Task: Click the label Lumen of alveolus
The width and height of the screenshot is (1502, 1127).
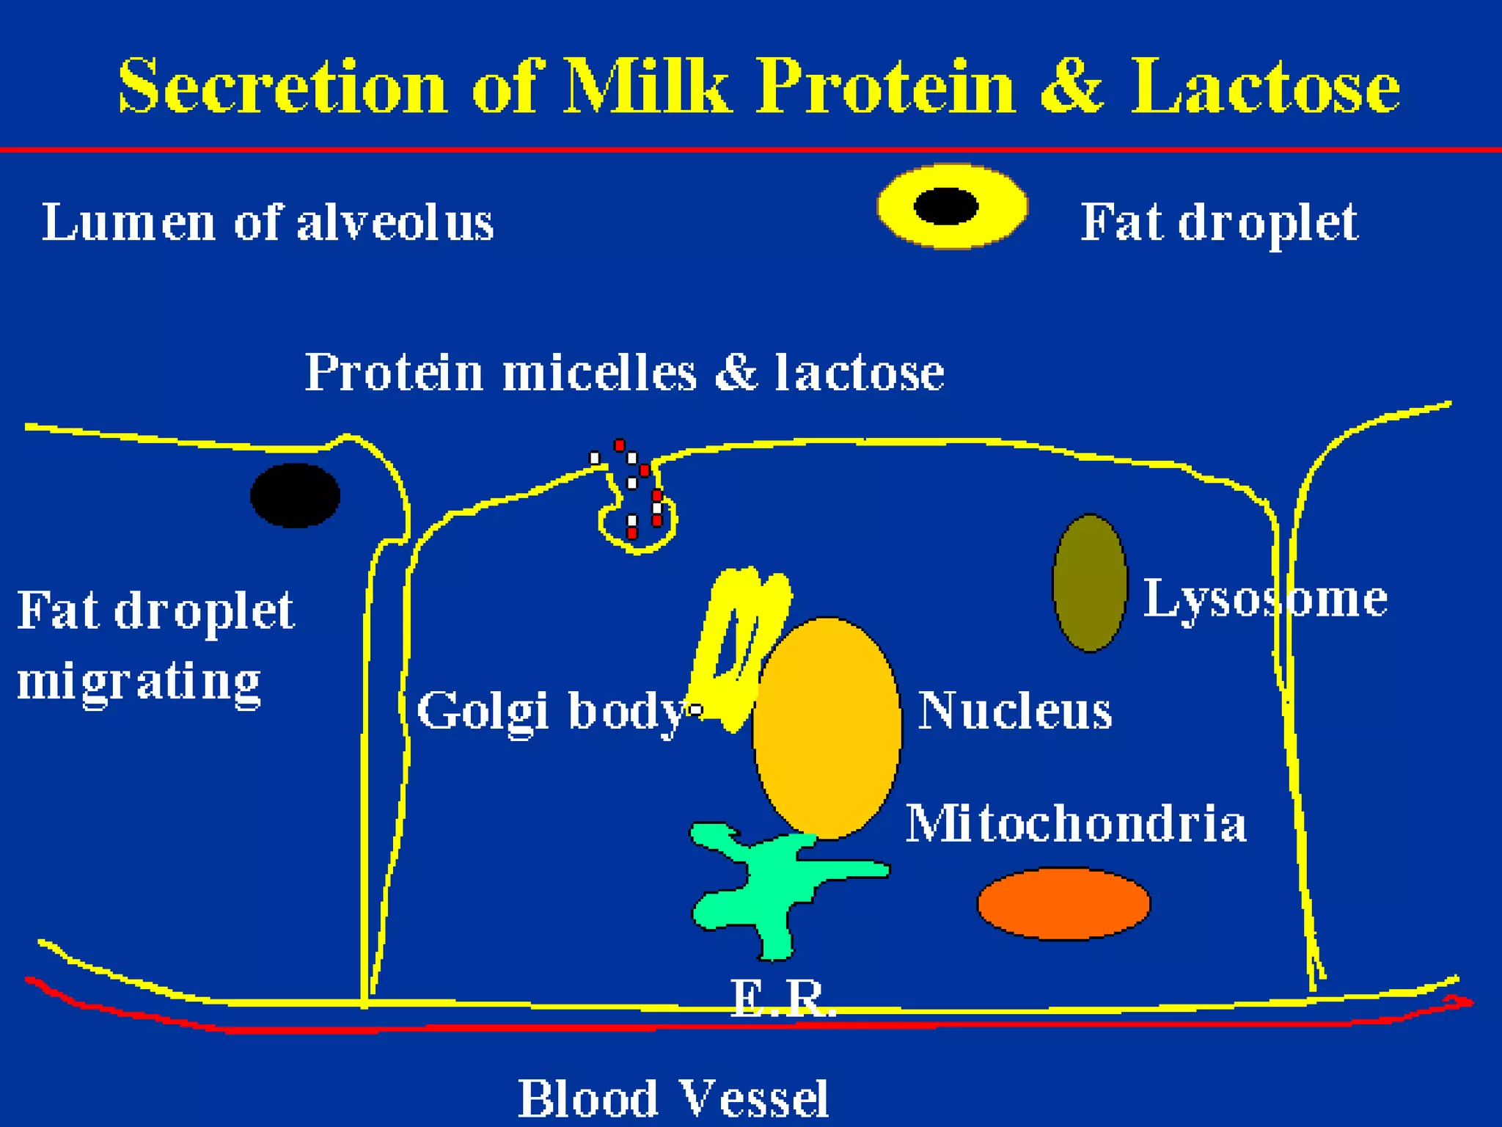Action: (x=268, y=222)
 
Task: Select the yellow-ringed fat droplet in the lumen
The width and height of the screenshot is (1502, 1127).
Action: (x=952, y=206)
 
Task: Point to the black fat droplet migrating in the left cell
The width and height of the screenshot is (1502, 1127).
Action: (x=295, y=495)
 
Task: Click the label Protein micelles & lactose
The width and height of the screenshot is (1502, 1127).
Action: (x=624, y=373)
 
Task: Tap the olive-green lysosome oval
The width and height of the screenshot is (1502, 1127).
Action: (x=1090, y=583)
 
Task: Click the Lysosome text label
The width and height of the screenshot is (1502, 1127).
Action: (x=1265, y=600)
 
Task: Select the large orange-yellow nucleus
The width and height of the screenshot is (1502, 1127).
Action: (x=827, y=726)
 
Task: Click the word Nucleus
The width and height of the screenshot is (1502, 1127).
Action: (x=1015, y=711)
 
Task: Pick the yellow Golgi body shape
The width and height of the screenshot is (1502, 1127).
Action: (x=737, y=646)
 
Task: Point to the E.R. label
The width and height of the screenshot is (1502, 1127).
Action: (x=783, y=998)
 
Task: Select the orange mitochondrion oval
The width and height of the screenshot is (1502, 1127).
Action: (x=1063, y=903)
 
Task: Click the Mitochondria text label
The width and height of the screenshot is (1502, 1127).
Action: (x=1076, y=823)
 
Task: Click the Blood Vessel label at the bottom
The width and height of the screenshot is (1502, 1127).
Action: (x=673, y=1098)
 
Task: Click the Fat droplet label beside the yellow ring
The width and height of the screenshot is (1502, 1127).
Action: (x=1219, y=222)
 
